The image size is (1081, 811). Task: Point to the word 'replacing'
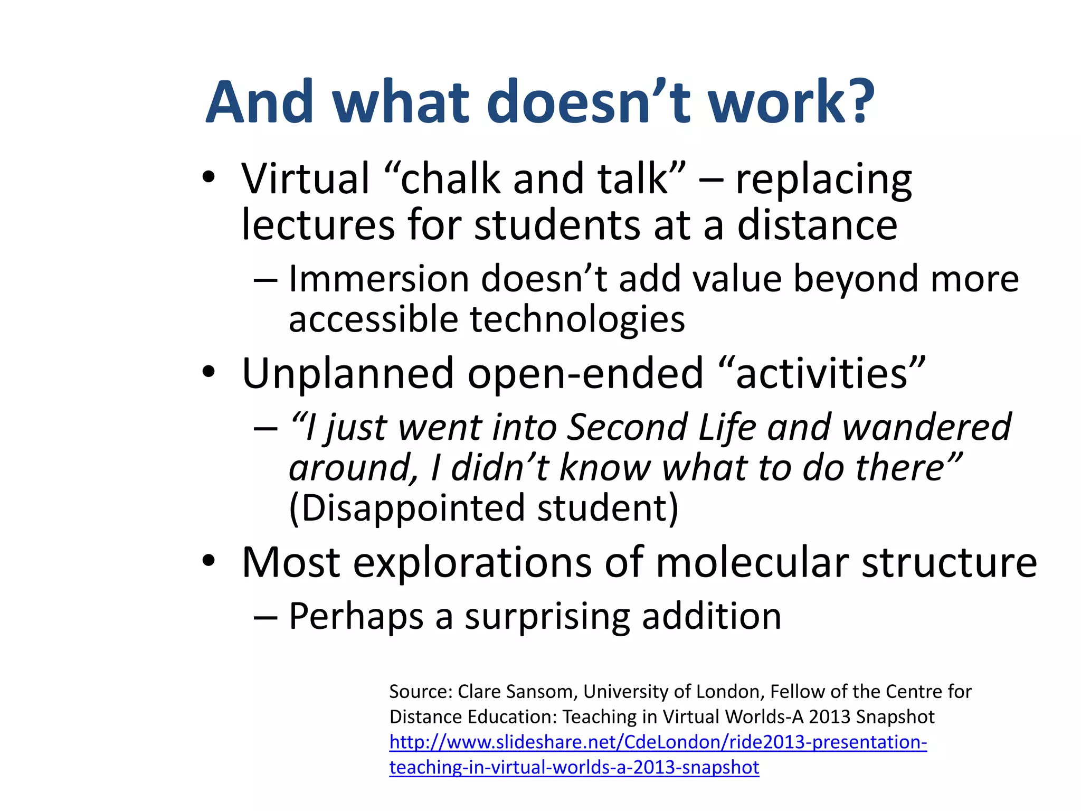pos(823,182)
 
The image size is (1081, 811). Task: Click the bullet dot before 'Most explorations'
pos(209,561)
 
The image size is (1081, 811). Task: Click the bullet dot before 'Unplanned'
pos(209,372)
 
